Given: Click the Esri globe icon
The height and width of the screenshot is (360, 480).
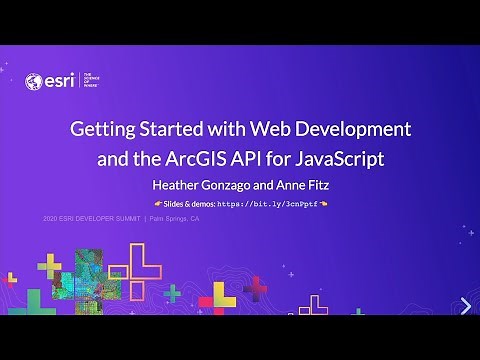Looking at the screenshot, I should click(33, 82).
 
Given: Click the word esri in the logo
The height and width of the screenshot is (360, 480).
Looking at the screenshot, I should click(56, 82).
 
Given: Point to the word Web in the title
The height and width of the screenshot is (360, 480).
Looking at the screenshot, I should click(277, 130).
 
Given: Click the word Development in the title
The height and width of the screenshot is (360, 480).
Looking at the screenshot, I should click(356, 130).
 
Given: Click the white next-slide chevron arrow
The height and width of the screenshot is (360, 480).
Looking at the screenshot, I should click(466, 305).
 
